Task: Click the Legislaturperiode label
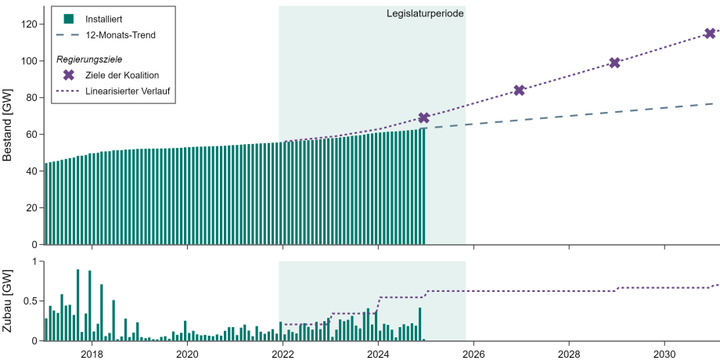[424, 14]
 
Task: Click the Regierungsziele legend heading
[88, 59]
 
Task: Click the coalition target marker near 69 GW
[424, 117]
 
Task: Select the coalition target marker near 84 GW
[519, 90]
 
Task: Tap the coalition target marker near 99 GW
[614, 63]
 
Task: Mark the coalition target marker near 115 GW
[710, 33]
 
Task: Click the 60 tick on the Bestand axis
[31, 135]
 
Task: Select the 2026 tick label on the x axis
[473, 353]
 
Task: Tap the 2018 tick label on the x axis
[92, 353]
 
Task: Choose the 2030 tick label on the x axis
[664, 353]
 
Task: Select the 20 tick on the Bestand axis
[31, 208]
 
